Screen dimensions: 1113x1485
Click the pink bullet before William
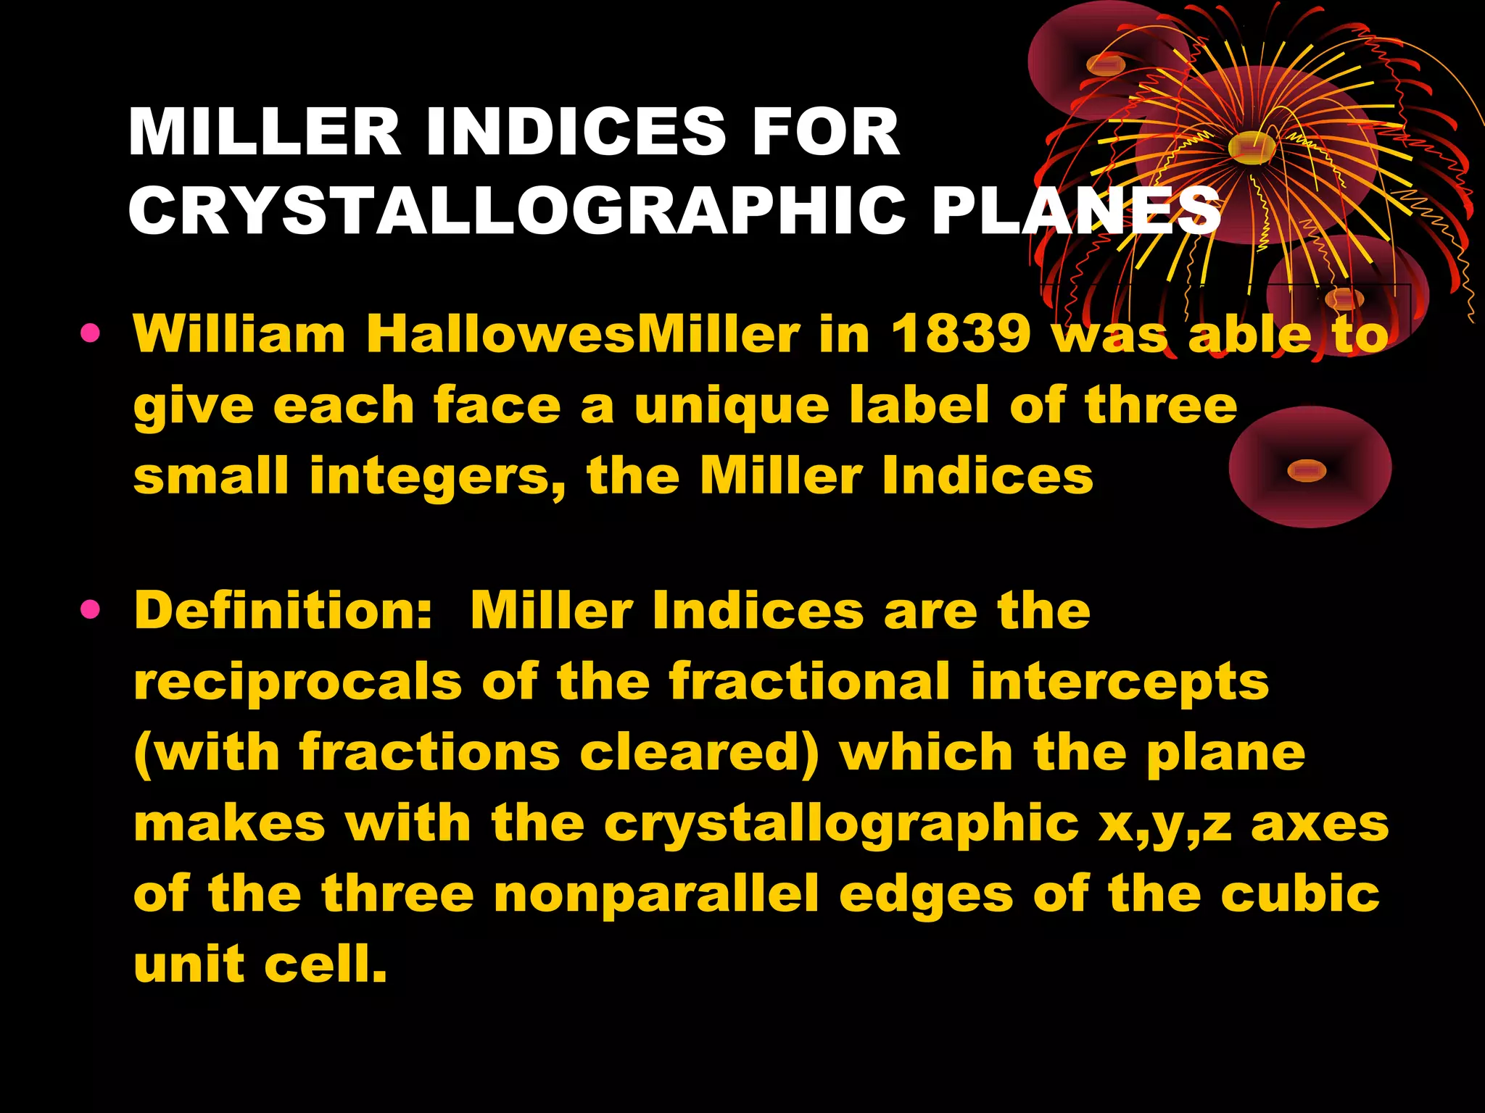coord(91,333)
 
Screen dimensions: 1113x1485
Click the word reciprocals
coord(298,681)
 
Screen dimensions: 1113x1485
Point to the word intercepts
coord(1120,681)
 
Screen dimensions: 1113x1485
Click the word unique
coord(732,404)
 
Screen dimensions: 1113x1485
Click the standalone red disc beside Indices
coord(1309,467)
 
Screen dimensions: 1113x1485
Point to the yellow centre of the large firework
coord(1252,147)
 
